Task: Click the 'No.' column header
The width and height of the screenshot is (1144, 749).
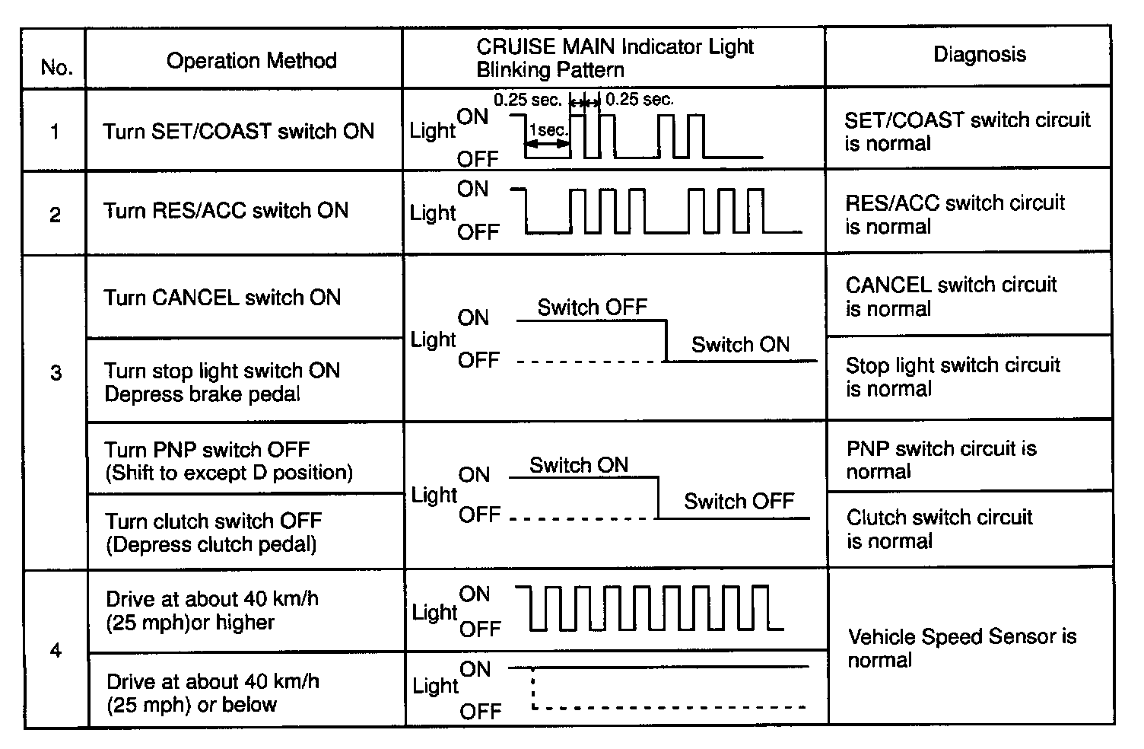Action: tap(56, 68)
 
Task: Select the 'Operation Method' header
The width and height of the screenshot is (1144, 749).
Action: tap(251, 61)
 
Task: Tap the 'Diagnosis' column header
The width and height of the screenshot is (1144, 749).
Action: tap(979, 55)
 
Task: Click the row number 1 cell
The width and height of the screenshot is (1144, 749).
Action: tap(55, 132)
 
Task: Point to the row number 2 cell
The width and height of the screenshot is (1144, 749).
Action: tap(55, 215)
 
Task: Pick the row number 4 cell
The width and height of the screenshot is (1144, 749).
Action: tap(56, 651)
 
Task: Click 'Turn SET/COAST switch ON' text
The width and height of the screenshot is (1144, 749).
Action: tap(239, 132)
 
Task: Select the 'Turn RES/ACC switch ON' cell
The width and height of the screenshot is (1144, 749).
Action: tap(226, 210)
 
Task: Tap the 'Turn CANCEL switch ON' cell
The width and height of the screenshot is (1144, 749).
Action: tap(222, 298)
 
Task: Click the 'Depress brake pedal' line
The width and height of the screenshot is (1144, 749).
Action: tap(202, 394)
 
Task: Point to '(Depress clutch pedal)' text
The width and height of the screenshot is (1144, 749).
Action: tap(211, 545)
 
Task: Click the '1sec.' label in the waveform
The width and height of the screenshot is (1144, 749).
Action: tap(548, 130)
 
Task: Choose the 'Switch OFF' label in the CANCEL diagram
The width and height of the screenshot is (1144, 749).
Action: tap(592, 308)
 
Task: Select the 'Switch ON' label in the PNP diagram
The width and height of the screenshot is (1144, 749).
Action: tap(579, 465)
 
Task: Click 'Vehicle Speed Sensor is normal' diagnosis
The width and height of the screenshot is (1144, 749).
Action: tap(961, 648)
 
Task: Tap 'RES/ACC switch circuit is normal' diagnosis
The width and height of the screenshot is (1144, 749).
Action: tap(955, 215)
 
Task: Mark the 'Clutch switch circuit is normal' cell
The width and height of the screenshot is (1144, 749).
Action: tap(939, 529)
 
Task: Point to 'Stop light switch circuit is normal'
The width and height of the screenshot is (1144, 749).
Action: tap(952, 377)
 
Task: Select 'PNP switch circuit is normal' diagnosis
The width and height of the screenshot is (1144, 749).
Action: tap(941, 460)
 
